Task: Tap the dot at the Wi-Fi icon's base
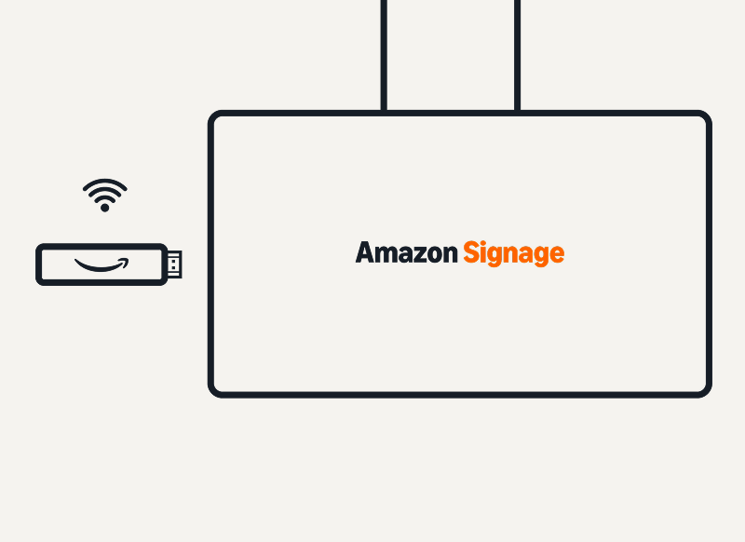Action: point(105,208)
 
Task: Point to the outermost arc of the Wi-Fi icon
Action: point(105,182)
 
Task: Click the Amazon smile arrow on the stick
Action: point(102,265)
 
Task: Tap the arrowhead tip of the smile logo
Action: point(127,262)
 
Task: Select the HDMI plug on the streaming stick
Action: point(175,264)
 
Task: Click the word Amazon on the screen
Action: point(406,252)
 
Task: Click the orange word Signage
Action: point(513,253)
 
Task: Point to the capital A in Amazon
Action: point(365,252)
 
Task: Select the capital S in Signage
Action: point(471,252)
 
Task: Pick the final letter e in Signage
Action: point(556,254)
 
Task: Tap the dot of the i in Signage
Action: point(484,244)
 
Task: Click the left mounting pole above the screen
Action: point(384,56)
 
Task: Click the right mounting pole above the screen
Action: point(517,56)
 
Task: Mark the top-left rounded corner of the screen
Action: point(215,117)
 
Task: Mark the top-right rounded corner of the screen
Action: point(705,117)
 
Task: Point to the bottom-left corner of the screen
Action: point(215,391)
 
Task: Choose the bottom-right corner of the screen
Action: point(705,391)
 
